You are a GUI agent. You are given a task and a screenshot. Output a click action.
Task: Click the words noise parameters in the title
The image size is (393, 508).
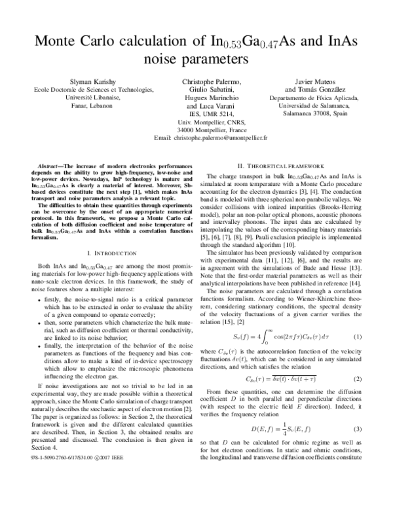196,60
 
